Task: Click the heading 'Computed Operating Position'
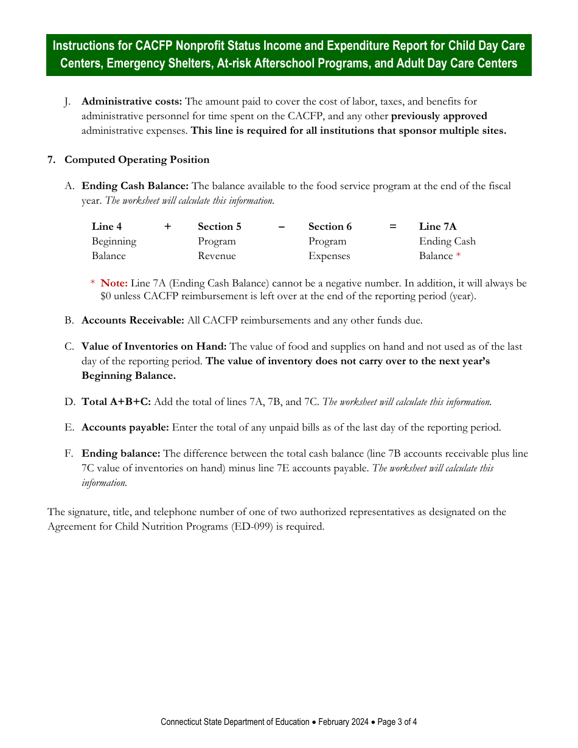(x=137, y=160)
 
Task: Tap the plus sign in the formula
(x=168, y=227)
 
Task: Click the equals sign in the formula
(x=393, y=227)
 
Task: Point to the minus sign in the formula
(x=281, y=227)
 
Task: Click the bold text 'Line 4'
(x=106, y=227)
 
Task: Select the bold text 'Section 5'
(x=219, y=227)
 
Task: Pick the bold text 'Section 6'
(x=330, y=227)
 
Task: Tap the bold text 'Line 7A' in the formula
(x=437, y=227)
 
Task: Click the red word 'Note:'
(x=114, y=283)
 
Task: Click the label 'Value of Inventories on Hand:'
(x=154, y=347)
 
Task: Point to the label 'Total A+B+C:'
(x=116, y=402)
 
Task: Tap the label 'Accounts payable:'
(x=125, y=428)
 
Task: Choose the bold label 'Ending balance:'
(x=121, y=454)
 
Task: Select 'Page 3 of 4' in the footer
(x=397, y=722)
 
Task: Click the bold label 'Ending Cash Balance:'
(x=135, y=186)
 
